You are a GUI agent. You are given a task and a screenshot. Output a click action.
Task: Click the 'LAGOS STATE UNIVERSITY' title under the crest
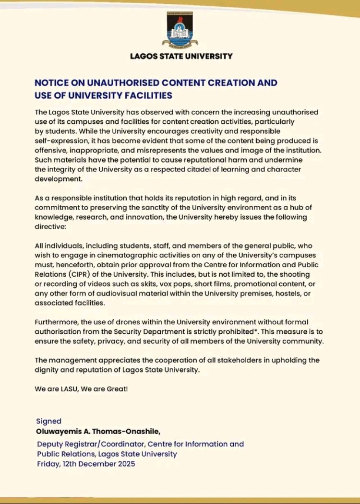(181, 56)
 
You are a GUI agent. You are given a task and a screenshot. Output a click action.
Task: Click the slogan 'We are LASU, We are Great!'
(81, 388)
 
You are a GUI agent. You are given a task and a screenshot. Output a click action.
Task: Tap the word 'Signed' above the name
(49, 421)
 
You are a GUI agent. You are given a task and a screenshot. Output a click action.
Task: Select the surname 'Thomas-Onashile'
(123, 431)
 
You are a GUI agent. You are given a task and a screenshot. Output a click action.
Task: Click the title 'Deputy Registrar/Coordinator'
(88, 444)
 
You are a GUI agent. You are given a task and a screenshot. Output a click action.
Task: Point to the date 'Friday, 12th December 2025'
(86, 464)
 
